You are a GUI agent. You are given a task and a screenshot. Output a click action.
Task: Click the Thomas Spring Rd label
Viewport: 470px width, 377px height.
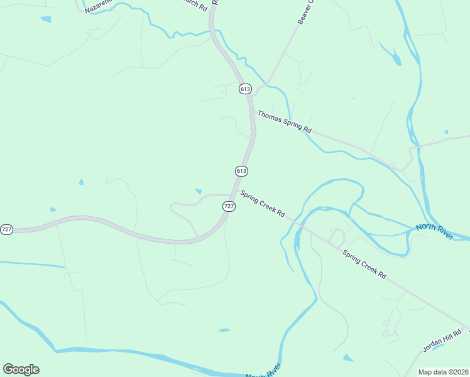click(284, 121)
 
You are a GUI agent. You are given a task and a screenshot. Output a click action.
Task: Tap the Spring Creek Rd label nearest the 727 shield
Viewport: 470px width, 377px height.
click(263, 204)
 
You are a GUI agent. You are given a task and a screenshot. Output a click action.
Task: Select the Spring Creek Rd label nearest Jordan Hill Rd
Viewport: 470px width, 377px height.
click(364, 265)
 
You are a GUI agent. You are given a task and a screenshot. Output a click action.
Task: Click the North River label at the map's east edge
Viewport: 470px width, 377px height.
click(434, 231)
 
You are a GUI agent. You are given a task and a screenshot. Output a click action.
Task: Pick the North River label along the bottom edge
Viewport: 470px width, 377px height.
click(263, 374)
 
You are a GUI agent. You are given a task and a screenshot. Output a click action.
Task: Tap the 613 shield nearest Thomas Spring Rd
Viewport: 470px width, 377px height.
click(245, 89)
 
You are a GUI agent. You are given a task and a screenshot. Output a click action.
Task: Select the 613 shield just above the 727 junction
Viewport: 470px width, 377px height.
click(242, 171)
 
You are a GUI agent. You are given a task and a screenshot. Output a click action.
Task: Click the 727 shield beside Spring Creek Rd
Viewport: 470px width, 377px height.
click(229, 206)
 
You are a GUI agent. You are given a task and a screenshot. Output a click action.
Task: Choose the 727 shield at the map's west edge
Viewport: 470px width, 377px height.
click(6, 229)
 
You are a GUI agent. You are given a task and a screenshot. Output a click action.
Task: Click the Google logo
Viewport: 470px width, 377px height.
click(21, 369)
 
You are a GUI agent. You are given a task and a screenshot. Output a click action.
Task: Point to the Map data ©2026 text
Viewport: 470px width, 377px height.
click(443, 372)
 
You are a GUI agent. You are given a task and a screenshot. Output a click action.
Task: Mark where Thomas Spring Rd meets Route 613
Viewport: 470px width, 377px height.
click(253, 113)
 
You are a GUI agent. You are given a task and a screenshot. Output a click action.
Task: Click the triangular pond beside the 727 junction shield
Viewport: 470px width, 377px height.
click(199, 192)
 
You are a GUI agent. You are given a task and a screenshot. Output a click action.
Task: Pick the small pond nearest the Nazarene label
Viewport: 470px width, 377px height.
click(45, 19)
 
